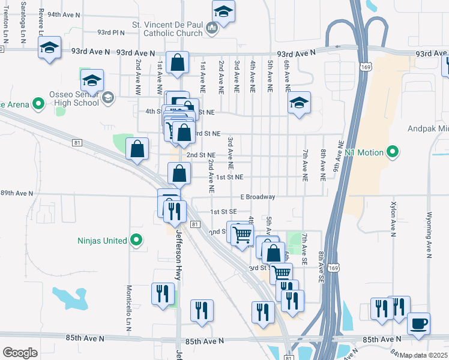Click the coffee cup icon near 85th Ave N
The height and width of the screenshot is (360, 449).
(x=418, y=323)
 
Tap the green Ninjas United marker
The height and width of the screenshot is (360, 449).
(x=136, y=241)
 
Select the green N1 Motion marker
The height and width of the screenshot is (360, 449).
(x=393, y=152)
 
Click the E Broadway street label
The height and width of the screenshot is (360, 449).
(x=258, y=197)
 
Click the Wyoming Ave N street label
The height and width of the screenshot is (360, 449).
(x=429, y=234)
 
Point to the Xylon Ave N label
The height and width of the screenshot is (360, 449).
(x=394, y=219)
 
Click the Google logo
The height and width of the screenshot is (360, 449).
(x=20, y=353)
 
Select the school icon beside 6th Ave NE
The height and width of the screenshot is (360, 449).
(x=298, y=102)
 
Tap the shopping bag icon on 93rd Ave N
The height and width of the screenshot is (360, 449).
(x=178, y=62)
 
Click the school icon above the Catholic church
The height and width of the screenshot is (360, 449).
(x=223, y=11)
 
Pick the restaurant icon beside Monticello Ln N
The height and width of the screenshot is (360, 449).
(x=163, y=294)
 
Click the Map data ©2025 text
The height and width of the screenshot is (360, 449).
(x=423, y=355)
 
